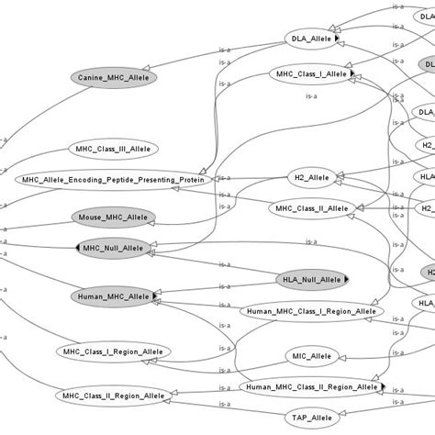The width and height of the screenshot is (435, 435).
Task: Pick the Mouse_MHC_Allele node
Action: point(113,218)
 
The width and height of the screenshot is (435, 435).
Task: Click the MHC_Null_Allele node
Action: point(113,248)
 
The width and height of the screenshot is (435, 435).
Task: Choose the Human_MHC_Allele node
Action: point(113,296)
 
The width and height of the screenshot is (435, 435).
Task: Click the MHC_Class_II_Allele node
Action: point(310,208)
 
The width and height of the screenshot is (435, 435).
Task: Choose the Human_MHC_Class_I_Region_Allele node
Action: point(312,312)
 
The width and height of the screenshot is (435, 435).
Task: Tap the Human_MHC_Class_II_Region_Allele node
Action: point(312,387)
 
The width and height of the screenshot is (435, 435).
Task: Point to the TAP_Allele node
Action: point(310,417)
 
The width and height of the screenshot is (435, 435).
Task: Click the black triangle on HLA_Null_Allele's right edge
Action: point(347,278)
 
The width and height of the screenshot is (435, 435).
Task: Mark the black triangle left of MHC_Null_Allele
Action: point(78,248)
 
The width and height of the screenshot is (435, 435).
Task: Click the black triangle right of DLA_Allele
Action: point(337,38)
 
